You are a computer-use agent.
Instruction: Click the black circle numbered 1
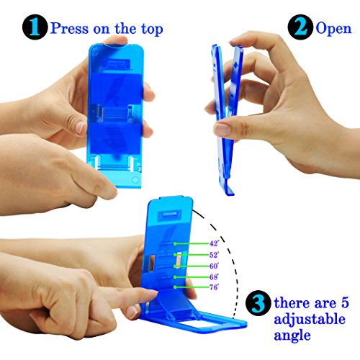pyautogui.click(x=35, y=27)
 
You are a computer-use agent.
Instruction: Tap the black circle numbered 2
pyautogui.click(x=300, y=27)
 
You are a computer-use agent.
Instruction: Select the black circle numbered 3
pyautogui.click(x=258, y=303)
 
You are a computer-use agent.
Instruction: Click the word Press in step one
pyautogui.click(x=69, y=28)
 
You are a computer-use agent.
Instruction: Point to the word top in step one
pyautogui.click(x=152, y=30)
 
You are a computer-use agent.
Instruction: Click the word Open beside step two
pyautogui.click(x=333, y=29)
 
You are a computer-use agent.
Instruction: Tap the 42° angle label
pyautogui.click(x=214, y=243)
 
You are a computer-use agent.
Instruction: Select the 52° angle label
pyautogui.click(x=214, y=255)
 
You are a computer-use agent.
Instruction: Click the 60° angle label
pyautogui.click(x=214, y=266)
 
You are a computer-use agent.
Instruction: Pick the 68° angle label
pyautogui.click(x=214, y=276)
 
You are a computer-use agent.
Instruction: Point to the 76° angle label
pyautogui.click(x=214, y=287)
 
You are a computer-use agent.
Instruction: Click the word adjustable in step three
pyautogui.click(x=310, y=320)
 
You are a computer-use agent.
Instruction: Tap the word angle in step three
pyautogui.click(x=292, y=336)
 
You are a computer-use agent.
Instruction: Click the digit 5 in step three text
pyautogui.click(x=345, y=302)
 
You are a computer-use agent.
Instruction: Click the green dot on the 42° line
pyautogui.click(x=175, y=243)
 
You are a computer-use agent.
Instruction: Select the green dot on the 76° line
pyautogui.click(x=175, y=287)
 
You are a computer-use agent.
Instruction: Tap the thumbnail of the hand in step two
pyautogui.click(x=222, y=130)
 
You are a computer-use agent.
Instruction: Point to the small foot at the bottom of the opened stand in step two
pyautogui.click(x=229, y=189)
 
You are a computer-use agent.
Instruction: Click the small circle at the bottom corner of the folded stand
pyautogui.click(x=135, y=180)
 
